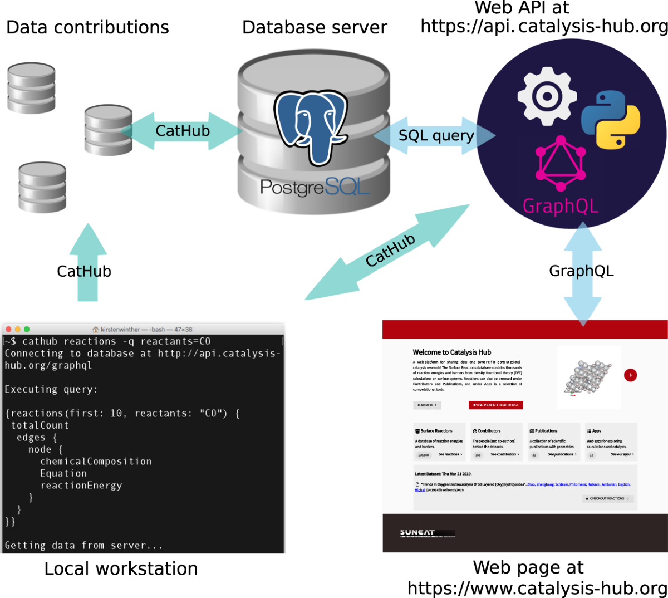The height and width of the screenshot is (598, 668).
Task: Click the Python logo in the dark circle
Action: pyautogui.click(x=611, y=120)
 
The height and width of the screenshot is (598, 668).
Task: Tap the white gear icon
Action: pyautogui.click(x=547, y=96)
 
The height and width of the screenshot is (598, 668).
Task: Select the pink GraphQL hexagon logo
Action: pyautogui.click(x=561, y=163)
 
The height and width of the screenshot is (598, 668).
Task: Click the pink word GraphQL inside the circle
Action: pyautogui.click(x=561, y=206)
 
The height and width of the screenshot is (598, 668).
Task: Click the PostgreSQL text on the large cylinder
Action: pyautogui.click(x=315, y=187)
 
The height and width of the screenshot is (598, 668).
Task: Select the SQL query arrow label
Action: pyautogui.click(x=436, y=135)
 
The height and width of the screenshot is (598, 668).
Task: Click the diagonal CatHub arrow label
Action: pyautogui.click(x=390, y=250)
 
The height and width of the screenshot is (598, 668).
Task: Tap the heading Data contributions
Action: pyautogui.click(x=87, y=27)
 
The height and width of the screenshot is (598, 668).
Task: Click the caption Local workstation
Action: pyautogui.click(x=121, y=568)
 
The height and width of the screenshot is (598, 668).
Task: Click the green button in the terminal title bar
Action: pyautogui.click(x=27, y=329)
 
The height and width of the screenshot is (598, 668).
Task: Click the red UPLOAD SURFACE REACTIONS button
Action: pyautogui.click(x=495, y=405)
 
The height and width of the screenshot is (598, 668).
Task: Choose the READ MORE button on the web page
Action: pyautogui.click(x=427, y=405)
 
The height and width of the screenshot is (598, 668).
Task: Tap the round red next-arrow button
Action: pyautogui.click(x=630, y=375)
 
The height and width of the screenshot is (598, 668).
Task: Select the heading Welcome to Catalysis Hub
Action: pyautogui.click(x=451, y=352)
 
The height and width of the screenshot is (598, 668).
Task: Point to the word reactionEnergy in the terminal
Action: pyautogui.click(x=81, y=486)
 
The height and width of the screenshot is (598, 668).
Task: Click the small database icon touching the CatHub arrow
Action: pyautogui.click(x=108, y=130)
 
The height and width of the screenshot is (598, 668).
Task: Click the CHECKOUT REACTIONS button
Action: pyautogui.click(x=608, y=498)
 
